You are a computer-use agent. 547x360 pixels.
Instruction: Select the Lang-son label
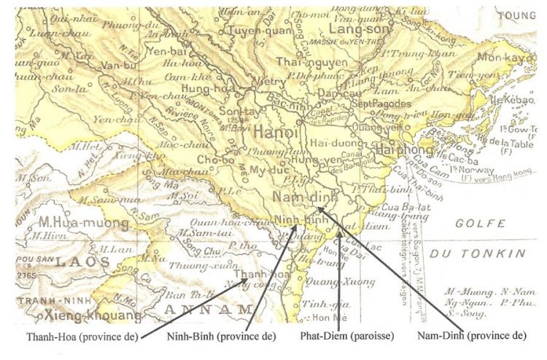tap(355, 30)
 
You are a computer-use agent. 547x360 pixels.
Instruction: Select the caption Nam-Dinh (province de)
tap(470, 337)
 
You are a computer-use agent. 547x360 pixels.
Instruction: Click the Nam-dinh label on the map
tap(301, 198)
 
